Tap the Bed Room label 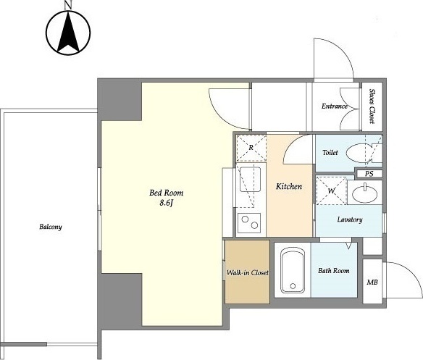[x=166, y=193]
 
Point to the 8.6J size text [x=166, y=203]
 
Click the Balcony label [x=51, y=227]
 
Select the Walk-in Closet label [x=248, y=272]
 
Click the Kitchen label [x=289, y=186]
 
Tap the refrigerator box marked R [x=251, y=148]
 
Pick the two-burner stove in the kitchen [x=249, y=223]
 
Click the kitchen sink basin [x=250, y=179]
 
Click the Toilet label [x=330, y=153]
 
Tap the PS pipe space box [x=369, y=174]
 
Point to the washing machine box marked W [x=331, y=191]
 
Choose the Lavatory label [x=350, y=219]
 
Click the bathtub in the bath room [x=293, y=270]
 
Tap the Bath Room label [x=334, y=270]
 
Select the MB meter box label [x=372, y=282]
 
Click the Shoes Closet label [x=372, y=106]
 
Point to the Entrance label [x=335, y=106]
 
